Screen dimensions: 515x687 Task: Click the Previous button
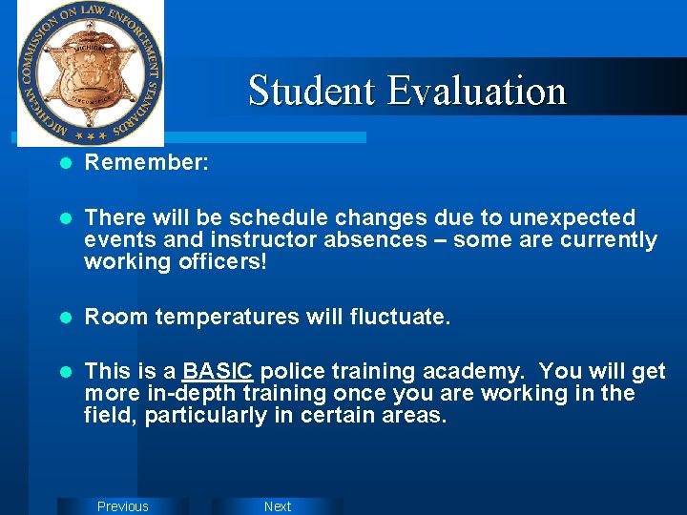pyautogui.click(x=123, y=506)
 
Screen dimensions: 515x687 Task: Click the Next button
pyautogui.click(x=278, y=506)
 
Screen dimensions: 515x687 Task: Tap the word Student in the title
pyautogui.click(x=312, y=92)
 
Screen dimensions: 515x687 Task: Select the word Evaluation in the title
pyautogui.click(x=477, y=92)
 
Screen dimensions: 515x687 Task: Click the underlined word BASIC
pyautogui.click(x=218, y=371)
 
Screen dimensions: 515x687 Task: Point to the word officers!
pyautogui.click(x=220, y=261)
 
